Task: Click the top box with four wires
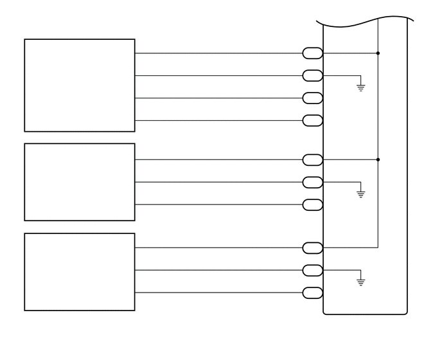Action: [x=80, y=85]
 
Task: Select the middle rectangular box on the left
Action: [x=80, y=182]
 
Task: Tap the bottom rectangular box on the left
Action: [x=80, y=272]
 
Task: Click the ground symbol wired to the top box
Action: [x=360, y=87]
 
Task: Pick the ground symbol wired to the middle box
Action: [x=360, y=193]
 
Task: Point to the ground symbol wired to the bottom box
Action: [x=360, y=281]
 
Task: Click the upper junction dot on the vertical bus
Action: [x=378, y=53]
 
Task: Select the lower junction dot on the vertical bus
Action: [x=378, y=159]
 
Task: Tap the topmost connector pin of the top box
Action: [x=312, y=53]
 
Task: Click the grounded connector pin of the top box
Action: [x=312, y=76]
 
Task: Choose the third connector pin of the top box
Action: [x=312, y=98]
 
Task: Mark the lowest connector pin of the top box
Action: [x=312, y=120]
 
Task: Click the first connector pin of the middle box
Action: [x=312, y=159]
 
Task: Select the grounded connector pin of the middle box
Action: [x=312, y=182]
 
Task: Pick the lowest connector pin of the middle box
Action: [x=312, y=205]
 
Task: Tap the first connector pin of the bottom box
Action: [x=312, y=248]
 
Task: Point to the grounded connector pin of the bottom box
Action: [x=312, y=270]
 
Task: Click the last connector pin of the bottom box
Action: [x=312, y=293]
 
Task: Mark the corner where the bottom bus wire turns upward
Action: [x=378, y=247]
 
